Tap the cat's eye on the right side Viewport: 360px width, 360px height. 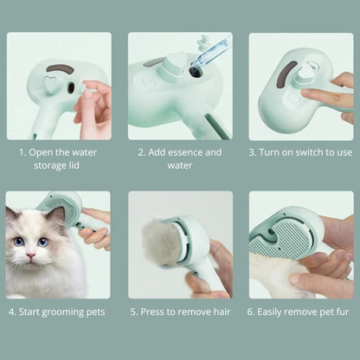42,241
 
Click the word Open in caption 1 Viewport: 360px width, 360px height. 43,152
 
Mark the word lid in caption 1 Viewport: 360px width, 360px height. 79,165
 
